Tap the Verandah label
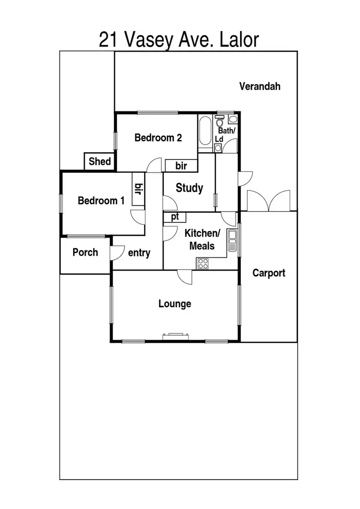click(x=260, y=86)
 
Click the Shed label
click(x=100, y=161)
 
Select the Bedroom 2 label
click(x=158, y=138)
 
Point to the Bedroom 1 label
click(x=101, y=201)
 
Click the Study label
click(x=189, y=188)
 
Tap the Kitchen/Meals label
click(x=203, y=240)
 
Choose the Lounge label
click(x=175, y=303)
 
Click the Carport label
click(x=269, y=273)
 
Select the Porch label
click(x=85, y=252)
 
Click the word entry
click(x=139, y=253)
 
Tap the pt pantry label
click(x=175, y=217)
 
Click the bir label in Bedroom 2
click(x=181, y=166)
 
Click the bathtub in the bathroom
click(x=204, y=132)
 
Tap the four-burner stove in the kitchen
click(x=203, y=263)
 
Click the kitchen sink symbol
click(x=232, y=240)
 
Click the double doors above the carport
click(x=269, y=201)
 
